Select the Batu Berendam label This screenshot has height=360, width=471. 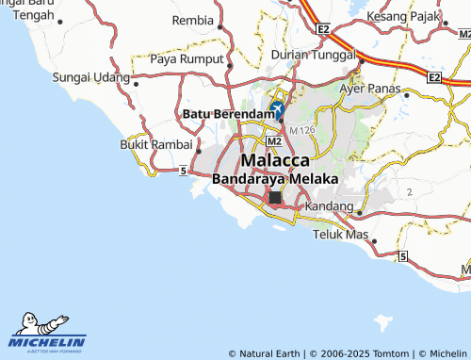coord(225,114)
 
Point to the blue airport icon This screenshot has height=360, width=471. coord(277,111)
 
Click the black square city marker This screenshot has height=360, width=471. coord(275,198)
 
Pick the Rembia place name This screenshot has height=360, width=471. coord(193,20)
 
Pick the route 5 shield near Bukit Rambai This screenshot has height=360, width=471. coord(181,170)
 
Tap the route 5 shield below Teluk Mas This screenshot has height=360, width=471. coord(402,256)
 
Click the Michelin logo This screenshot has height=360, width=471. coord(47,334)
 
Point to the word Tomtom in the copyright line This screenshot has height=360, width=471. coord(391,353)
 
